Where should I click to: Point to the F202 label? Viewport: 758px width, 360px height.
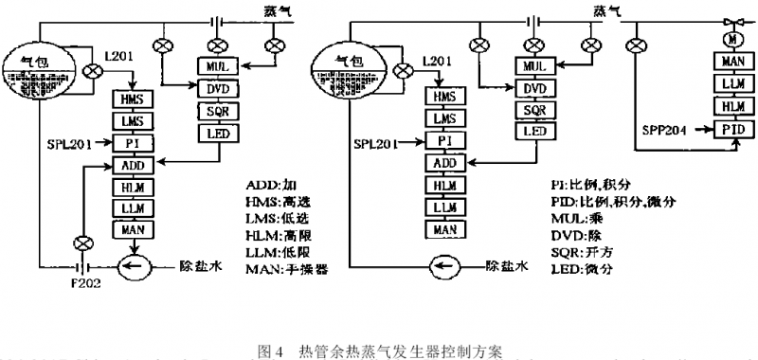(81, 282)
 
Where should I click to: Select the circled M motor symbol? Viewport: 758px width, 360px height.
(731, 41)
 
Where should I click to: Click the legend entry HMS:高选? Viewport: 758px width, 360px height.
(274, 203)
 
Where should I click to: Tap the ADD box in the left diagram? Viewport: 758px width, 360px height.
(132, 165)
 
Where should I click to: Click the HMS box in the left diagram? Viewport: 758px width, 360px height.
(131, 98)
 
